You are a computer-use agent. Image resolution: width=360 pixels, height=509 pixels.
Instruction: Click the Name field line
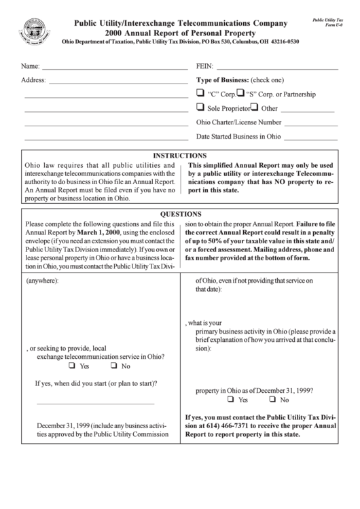click(x=115, y=69)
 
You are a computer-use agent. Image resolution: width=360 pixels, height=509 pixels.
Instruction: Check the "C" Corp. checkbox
click(x=200, y=93)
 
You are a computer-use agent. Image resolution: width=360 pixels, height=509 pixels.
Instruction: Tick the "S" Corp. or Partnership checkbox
click(x=240, y=93)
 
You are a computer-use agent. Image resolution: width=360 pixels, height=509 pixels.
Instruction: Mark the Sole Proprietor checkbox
click(x=200, y=107)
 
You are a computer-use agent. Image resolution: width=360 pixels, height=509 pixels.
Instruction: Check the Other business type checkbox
click(x=254, y=107)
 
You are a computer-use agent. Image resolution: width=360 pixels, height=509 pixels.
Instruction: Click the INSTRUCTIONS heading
click(x=180, y=156)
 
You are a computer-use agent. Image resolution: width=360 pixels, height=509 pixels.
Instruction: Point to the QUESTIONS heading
click(x=180, y=213)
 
